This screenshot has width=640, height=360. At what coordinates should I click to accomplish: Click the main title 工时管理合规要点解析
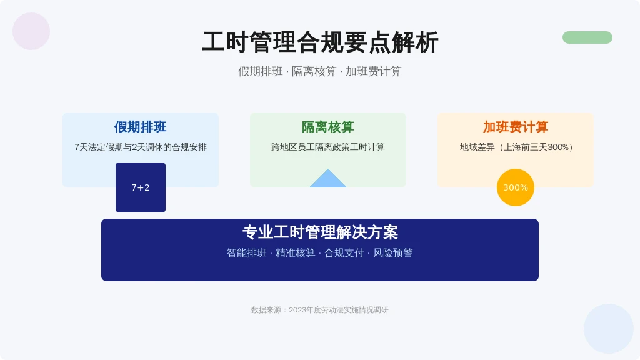320,42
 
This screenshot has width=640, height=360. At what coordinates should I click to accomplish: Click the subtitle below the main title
320,71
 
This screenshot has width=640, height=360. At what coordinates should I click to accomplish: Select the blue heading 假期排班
141,127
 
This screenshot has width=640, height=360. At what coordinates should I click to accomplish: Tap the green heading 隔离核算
327,127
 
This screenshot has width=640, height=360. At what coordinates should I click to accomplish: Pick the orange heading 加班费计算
516,127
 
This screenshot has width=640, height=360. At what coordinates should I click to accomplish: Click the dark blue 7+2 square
141,187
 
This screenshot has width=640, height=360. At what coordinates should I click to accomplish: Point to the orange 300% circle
516,187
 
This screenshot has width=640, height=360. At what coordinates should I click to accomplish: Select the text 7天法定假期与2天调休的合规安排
141,147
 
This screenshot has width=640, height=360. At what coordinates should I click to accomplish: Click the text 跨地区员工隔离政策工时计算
327,147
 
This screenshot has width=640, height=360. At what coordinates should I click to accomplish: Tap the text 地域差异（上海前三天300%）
516,147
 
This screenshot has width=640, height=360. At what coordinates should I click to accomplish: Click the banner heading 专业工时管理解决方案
320,232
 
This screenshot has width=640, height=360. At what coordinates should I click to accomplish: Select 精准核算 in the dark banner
296,253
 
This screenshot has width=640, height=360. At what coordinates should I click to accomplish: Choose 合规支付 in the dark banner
344,253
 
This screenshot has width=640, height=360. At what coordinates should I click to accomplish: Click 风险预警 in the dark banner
393,253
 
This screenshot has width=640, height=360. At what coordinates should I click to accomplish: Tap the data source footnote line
320,310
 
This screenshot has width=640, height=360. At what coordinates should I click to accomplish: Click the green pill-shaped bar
587,37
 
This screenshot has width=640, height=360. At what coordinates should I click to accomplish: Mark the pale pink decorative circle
31,31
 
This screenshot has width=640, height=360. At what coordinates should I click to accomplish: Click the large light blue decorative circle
609,329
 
